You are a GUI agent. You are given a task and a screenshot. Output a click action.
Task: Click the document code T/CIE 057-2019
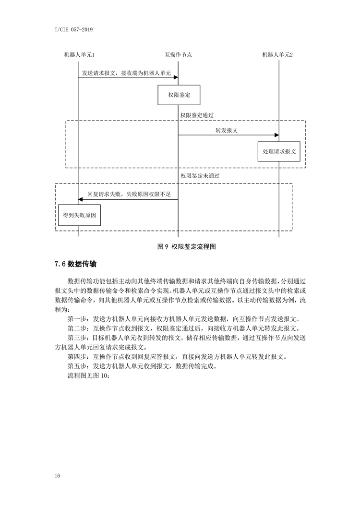(x=74, y=30)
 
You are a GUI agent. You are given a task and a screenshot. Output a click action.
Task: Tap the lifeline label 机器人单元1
(x=79, y=55)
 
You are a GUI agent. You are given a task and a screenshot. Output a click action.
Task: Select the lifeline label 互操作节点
(x=178, y=55)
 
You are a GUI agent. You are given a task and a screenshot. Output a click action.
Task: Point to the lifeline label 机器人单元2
(x=277, y=55)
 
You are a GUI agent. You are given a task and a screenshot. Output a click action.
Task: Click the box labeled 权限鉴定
(x=179, y=95)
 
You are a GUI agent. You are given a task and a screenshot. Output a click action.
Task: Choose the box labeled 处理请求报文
(x=279, y=151)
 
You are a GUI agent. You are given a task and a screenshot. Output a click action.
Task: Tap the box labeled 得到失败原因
(x=80, y=215)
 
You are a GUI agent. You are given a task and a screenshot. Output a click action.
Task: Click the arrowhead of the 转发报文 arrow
(x=277, y=135)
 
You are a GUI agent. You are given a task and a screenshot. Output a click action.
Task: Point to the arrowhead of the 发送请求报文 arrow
(x=176, y=77)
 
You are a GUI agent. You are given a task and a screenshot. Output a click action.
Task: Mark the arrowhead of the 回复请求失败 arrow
(x=80, y=199)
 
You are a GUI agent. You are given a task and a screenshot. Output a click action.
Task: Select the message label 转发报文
(x=227, y=130)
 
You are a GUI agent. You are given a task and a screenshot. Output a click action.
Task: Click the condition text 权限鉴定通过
(x=197, y=115)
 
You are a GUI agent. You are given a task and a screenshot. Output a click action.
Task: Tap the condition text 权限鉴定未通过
(x=200, y=176)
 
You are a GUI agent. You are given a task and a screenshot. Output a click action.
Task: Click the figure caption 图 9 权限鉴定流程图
(x=187, y=247)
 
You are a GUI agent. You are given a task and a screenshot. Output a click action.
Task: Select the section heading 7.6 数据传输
(x=76, y=264)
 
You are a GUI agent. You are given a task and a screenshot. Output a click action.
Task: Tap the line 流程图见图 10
(x=89, y=376)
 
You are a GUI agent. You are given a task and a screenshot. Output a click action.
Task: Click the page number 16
(x=58, y=476)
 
